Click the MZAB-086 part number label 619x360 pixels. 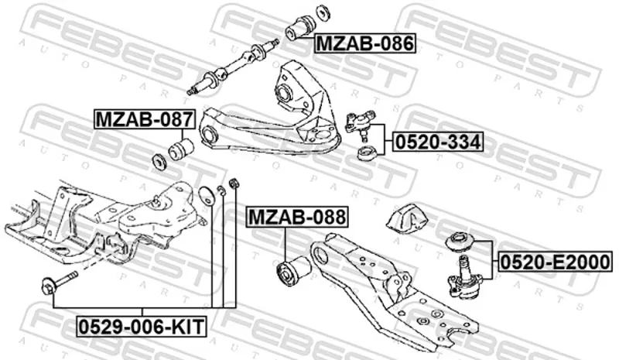365,43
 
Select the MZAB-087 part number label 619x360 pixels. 145,119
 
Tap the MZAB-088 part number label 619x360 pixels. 297,217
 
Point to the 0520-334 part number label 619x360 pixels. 438,142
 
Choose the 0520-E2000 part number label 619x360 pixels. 556,262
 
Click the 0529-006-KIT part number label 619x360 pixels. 142,327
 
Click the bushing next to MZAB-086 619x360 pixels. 299,27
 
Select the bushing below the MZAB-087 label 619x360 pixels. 181,149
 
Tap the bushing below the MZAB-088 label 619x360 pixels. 294,270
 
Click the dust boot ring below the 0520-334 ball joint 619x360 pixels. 367,153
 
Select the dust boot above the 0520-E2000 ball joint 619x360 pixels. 460,242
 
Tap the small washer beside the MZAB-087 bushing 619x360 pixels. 159,162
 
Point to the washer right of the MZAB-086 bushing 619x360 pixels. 323,12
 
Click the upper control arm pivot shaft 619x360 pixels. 233,67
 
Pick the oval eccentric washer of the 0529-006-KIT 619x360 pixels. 207,196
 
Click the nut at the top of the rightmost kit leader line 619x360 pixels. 234,183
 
